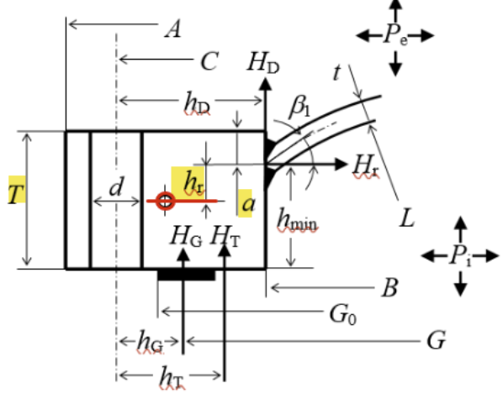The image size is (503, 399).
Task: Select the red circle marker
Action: pyautogui.click(x=165, y=202)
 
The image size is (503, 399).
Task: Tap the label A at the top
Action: pyautogui.click(x=173, y=29)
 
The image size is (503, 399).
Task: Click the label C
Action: pyautogui.click(x=209, y=60)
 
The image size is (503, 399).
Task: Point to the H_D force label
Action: pyautogui.click(x=263, y=63)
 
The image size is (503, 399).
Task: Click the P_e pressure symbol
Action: pyautogui.click(x=396, y=35)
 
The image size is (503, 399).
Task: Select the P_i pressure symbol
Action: pyautogui.click(x=461, y=256)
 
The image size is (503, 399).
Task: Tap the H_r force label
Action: pyautogui.click(x=366, y=166)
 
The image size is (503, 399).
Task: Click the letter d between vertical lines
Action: pyautogui.click(x=116, y=186)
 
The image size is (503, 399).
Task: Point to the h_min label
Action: pyautogui.click(x=297, y=220)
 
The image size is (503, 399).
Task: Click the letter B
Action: pyautogui.click(x=390, y=286)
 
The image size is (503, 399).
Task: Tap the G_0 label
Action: pyautogui.click(x=343, y=314)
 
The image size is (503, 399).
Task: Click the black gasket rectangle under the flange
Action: pyautogui.click(x=187, y=275)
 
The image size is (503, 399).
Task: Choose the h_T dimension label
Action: pyautogui.click(x=172, y=379)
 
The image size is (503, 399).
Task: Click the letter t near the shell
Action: pyautogui.click(x=336, y=72)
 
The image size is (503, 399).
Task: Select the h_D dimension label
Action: pyautogui.click(x=197, y=103)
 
